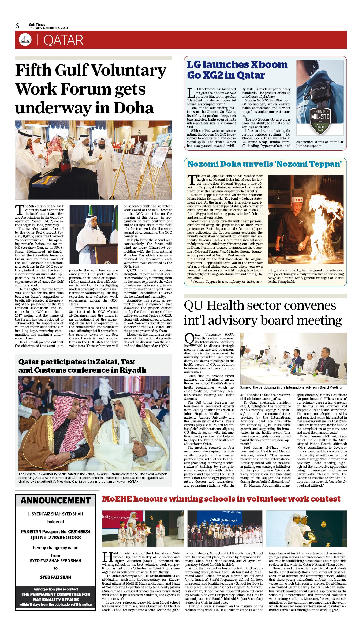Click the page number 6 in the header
17,26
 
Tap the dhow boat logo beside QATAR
25,40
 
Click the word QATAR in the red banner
63,40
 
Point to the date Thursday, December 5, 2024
48,28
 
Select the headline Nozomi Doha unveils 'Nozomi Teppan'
264,164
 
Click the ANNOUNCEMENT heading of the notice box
56,500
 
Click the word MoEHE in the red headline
117,499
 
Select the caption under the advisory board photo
291,387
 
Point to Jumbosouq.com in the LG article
309,146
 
